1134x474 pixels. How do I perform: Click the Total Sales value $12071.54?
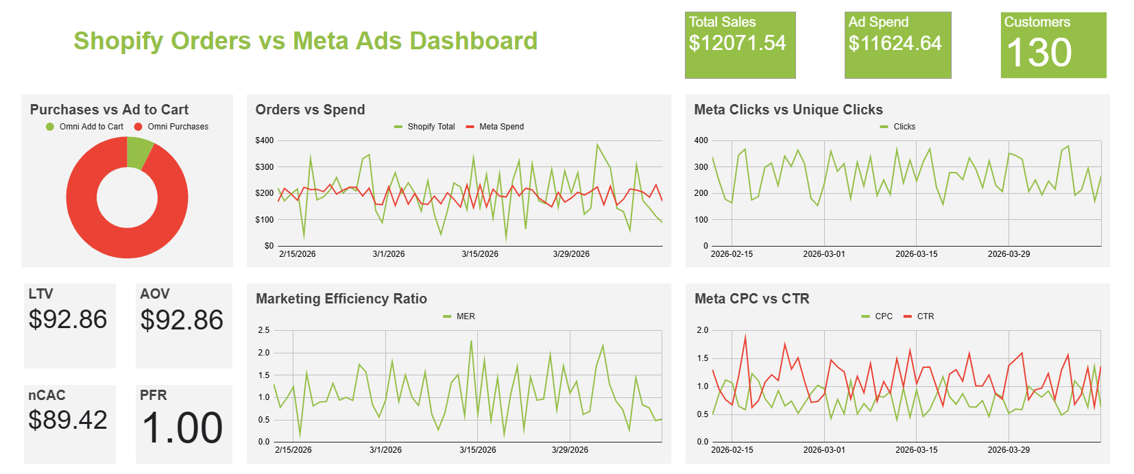[x=737, y=43]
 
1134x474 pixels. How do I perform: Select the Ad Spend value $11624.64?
[x=895, y=43]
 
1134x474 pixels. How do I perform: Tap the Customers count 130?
[x=1039, y=53]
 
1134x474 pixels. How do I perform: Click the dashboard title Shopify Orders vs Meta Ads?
[x=305, y=40]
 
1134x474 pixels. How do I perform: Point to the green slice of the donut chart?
[x=138, y=152]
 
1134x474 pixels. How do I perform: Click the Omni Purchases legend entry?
[x=178, y=127]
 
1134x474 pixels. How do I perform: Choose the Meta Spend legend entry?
[x=501, y=127]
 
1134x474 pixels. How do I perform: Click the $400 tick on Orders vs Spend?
[x=264, y=140]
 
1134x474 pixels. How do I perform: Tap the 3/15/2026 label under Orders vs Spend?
[x=480, y=254]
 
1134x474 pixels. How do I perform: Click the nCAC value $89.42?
[x=68, y=420]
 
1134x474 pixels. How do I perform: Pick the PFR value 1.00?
[x=182, y=428]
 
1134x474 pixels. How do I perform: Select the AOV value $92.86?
[x=182, y=320]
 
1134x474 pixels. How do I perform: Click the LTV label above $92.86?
[x=40, y=294]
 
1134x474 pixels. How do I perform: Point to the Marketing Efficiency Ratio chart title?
[x=341, y=299]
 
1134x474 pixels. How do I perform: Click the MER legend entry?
[x=465, y=316]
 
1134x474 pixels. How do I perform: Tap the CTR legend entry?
[x=925, y=316]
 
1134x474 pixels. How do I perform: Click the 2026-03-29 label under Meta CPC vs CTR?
[x=1008, y=450]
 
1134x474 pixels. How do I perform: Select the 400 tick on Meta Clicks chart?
[x=701, y=140]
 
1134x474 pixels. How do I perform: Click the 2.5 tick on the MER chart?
[x=263, y=330]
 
